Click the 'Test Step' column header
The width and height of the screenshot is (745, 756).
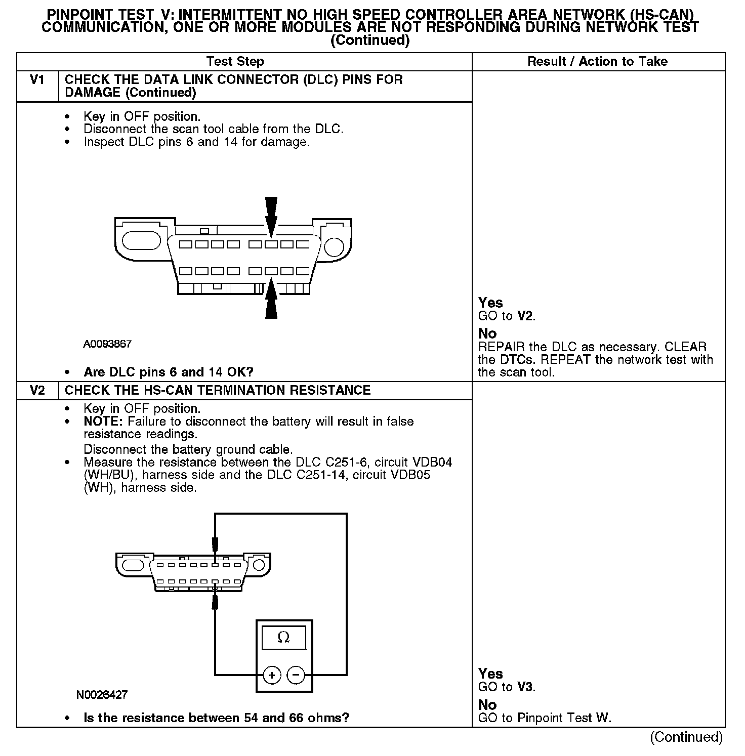[235, 62]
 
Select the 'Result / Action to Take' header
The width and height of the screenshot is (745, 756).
[597, 62]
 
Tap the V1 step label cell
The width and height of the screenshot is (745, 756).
[37, 80]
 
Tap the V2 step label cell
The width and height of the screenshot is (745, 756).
[37, 390]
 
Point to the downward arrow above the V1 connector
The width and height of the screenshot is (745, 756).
[271, 215]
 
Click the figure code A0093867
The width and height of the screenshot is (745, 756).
[107, 344]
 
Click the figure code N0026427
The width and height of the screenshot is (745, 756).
[102, 695]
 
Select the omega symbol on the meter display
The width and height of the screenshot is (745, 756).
[283, 638]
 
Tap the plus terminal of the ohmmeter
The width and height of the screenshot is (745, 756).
[272, 675]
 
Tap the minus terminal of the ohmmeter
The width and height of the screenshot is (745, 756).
[296, 675]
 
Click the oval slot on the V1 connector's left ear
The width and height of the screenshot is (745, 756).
[141, 240]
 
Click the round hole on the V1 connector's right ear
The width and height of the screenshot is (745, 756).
[334, 246]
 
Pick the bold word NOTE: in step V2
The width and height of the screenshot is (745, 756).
[103, 422]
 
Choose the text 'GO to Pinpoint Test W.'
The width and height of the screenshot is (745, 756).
[545, 718]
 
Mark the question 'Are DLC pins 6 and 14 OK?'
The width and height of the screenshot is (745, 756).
[168, 372]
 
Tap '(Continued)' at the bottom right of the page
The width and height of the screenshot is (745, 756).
[686, 737]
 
